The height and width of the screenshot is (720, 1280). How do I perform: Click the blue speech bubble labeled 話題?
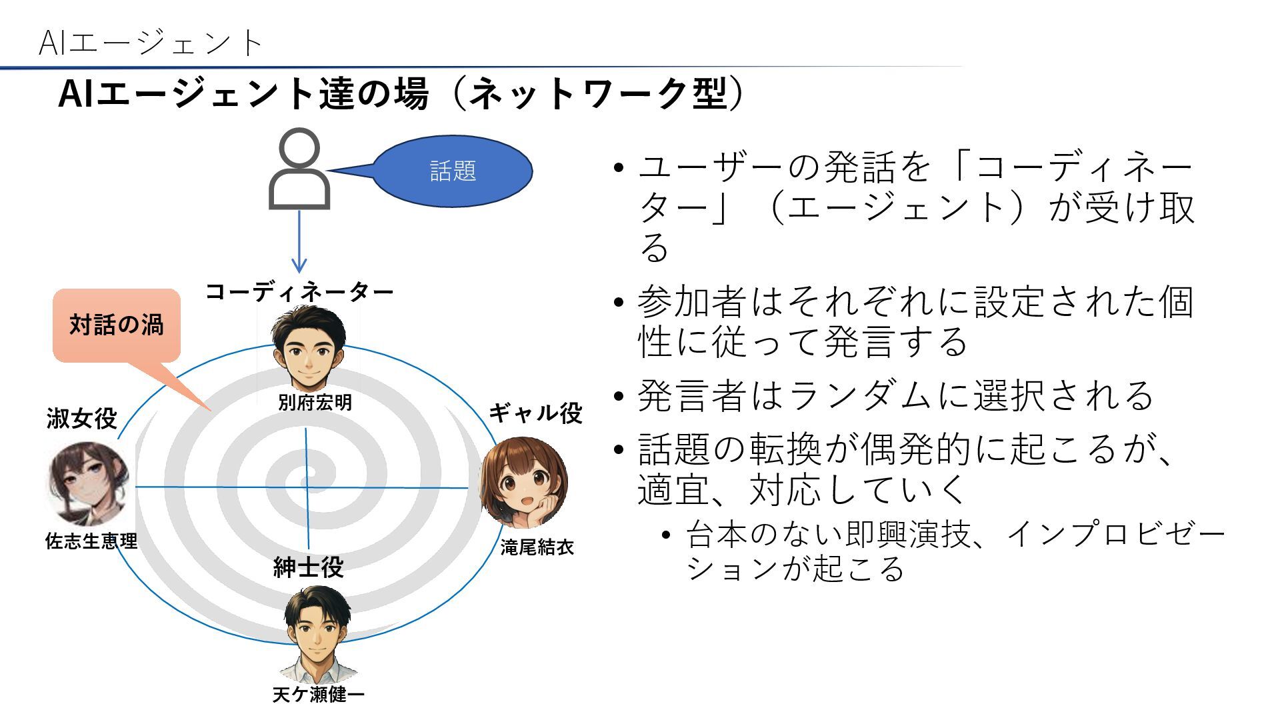[x=452, y=171]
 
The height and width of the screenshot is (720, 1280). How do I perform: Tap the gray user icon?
[x=299, y=169]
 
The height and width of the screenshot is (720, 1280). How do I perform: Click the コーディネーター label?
[x=299, y=292]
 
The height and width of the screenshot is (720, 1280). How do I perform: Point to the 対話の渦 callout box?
[x=117, y=325]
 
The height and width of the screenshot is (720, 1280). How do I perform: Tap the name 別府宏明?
[x=315, y=403]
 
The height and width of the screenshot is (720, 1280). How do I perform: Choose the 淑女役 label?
[x=82, y=419]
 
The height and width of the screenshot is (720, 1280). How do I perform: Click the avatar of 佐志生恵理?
[x=89, y=483]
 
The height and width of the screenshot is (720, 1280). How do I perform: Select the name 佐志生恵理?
[x=91, y=541]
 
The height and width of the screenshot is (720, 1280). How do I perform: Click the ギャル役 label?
[x=536, y=413]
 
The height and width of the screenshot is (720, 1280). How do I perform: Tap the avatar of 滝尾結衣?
[x=524, y=482]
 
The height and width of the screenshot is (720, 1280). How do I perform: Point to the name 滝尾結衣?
[x=537, y=547]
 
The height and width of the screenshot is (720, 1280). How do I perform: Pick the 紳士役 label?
[x=309, y=567]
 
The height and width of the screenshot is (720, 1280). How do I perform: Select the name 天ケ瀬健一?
[x=318, y=695]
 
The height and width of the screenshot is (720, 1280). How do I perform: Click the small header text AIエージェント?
[x=151, y=43]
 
